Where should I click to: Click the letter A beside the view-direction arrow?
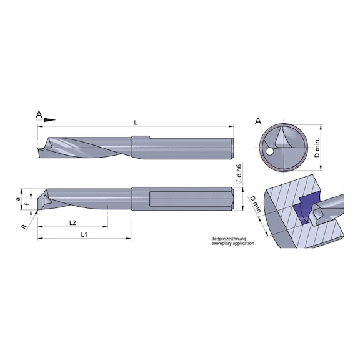[39, 115]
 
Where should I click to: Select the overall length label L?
[136, 124]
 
